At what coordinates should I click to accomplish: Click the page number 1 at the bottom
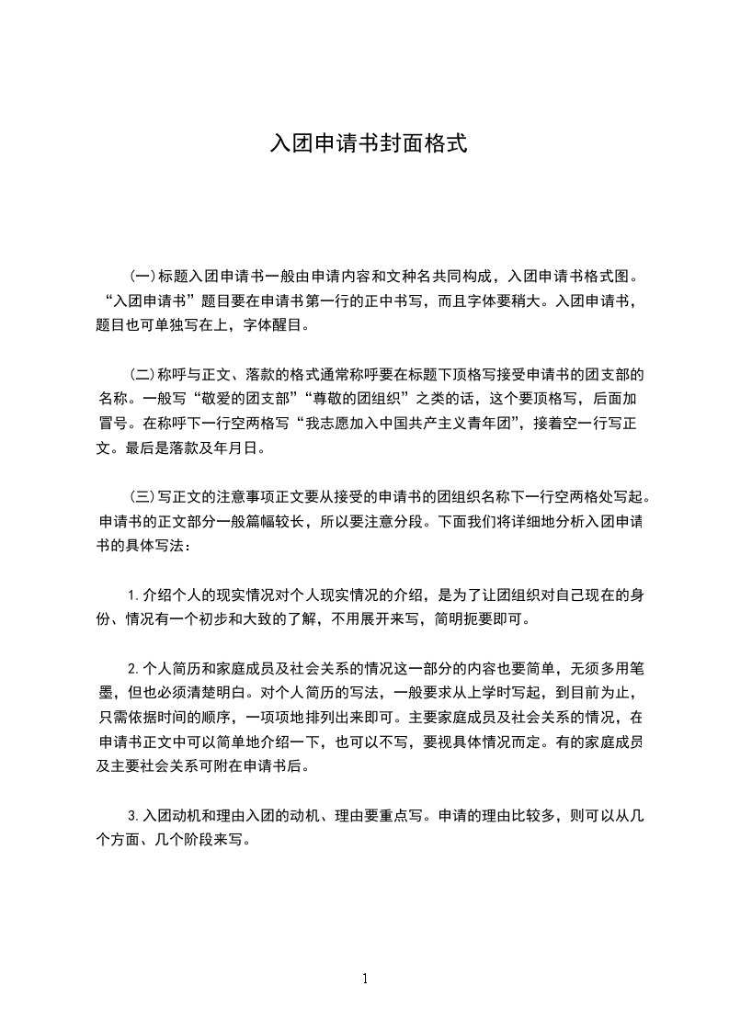(x=365, y=979)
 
